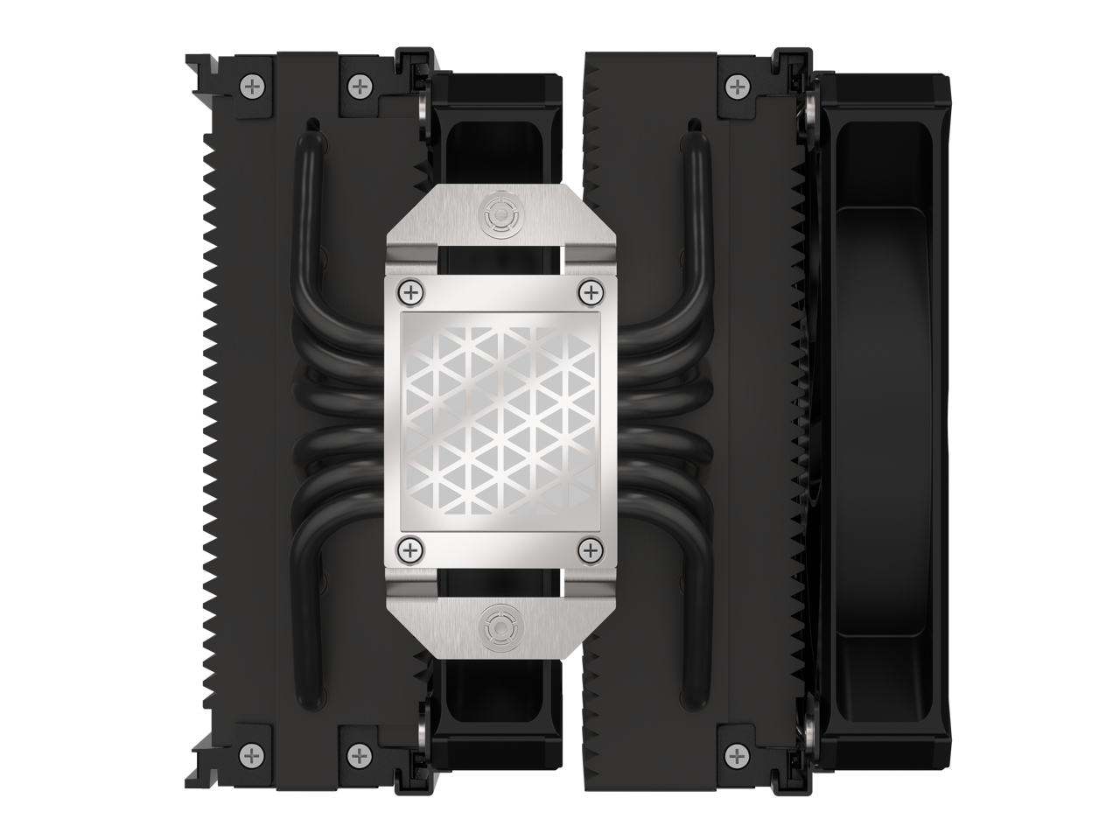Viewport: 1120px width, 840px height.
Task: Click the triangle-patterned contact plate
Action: (496, 418)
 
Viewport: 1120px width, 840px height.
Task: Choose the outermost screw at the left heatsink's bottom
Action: (254, 752)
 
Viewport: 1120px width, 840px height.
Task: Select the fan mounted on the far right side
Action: (884, 418)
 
